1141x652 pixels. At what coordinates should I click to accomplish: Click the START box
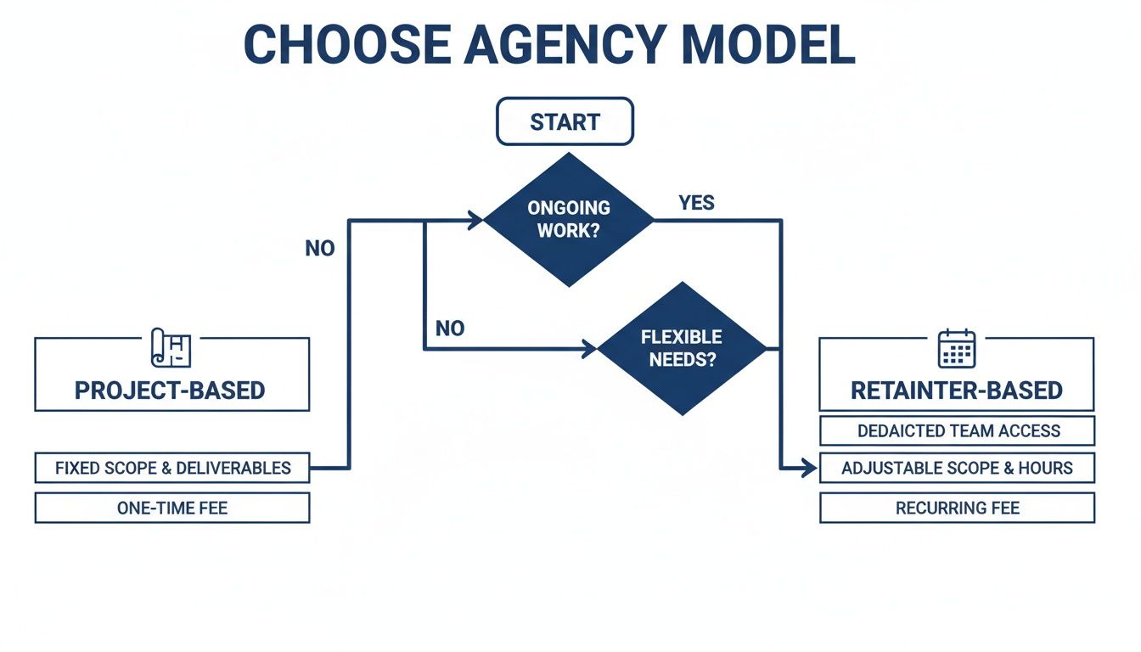pyautogui.click(x=565, y=121)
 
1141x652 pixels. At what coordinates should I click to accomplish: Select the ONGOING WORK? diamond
pyautogui.click(x=569, y=219)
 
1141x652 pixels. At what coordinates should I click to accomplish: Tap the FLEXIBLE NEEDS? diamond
pyautogui.click(x=682, y=347)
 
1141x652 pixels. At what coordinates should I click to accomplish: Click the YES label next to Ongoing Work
pyautogui.click(x=696, y=203)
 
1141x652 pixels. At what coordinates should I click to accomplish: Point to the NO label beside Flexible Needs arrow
pyautogui.click(x=450, y=329)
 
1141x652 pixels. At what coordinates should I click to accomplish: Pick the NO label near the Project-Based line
pyautogui.click(x=320, y=249)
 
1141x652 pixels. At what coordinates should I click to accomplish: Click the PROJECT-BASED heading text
pyautogui.click(x=170, y=391)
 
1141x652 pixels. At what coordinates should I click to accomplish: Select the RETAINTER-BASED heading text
pyautogui.click(x=957, y=391)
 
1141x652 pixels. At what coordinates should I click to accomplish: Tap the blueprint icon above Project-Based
pyautogui.click(x=171, y=348)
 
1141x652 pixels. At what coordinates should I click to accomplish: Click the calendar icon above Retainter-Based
pyautogui.click(x=957, y=348)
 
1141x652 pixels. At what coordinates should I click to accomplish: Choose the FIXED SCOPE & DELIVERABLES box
pyautogui.click(x=172, y=468)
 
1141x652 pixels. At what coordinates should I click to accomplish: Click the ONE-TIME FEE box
pyautogui.click(x=172, y=508)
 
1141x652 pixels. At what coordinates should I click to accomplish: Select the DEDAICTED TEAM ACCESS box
pyautogui.click(x=958, y=430)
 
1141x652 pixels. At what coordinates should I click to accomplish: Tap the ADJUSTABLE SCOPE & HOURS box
pyautogui.click(x=958, y=468)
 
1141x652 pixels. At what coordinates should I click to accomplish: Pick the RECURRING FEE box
pyautogui.click(x=958, y=508)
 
